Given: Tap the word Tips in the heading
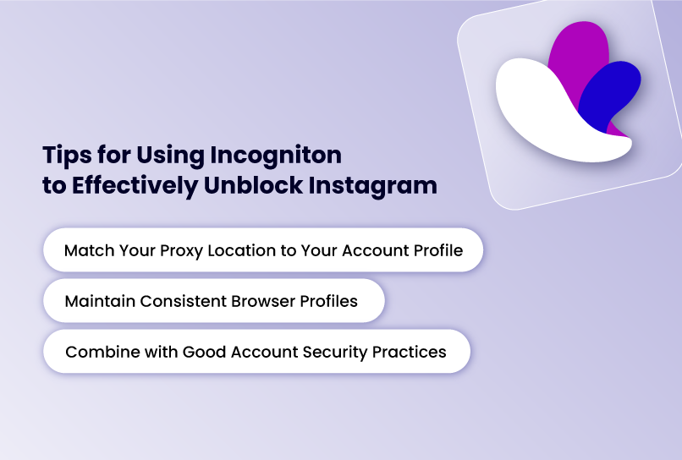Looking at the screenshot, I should pos(65,155).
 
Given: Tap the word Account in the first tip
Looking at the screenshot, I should pos(377,251).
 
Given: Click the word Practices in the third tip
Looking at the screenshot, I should pos(410,352).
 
